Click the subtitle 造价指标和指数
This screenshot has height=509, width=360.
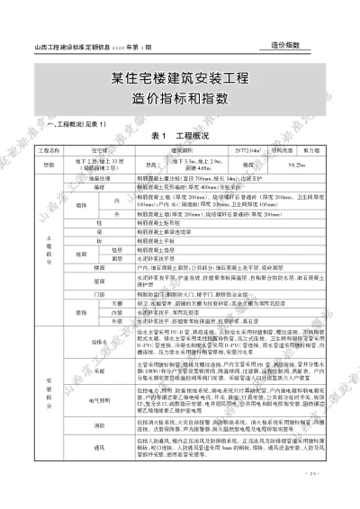coord(181,97)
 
